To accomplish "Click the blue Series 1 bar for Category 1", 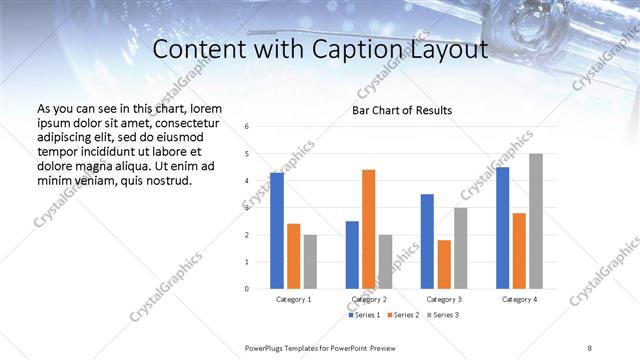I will click(x=277, y=231).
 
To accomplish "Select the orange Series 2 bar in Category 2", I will click(x=369, y=229).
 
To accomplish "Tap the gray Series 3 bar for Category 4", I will click(x=536, y=221).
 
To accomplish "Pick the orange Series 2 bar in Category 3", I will click(x=445, y=264).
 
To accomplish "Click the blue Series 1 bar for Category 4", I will click(x=502, y=228).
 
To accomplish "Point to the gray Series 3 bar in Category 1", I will click(x=310, y=262).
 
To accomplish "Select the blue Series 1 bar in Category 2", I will click(x=352, y=255).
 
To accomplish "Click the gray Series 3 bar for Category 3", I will click(x=460, y=248).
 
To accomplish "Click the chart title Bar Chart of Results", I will click(x=402, y=110).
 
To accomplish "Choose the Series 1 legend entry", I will click(x=362, y=315).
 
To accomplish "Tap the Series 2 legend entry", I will click(x=401, y=315).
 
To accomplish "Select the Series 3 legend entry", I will click(x=441, y=315).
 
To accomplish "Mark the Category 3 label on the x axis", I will click(x=445, y=299).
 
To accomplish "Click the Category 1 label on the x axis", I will click(x=293, y=299).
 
